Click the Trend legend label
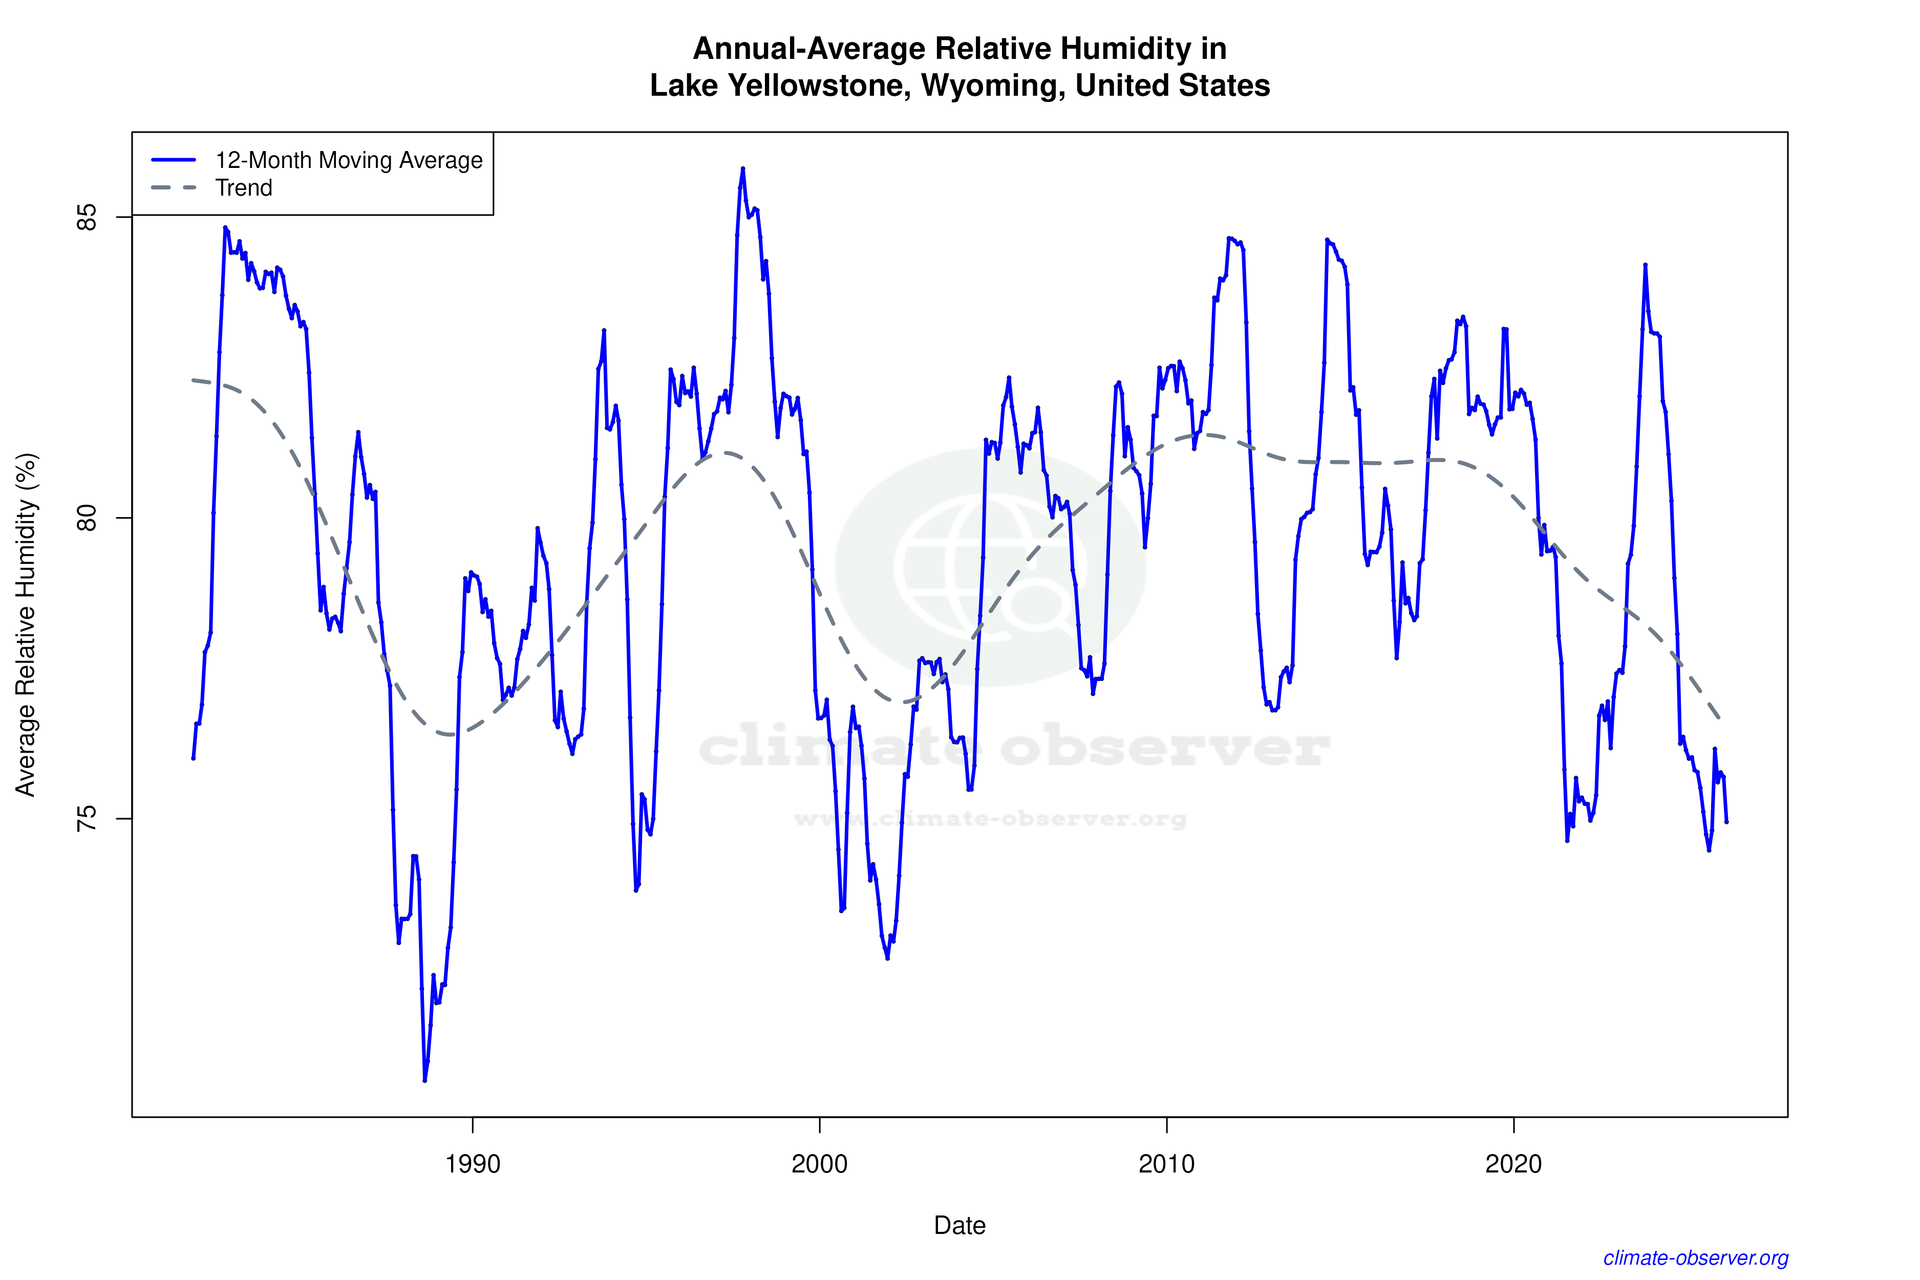point(243,188)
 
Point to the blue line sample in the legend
point(174,160)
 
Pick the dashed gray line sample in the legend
point(174,188)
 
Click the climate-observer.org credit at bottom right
point(1696,1258)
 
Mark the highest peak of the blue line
point(743,169)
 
